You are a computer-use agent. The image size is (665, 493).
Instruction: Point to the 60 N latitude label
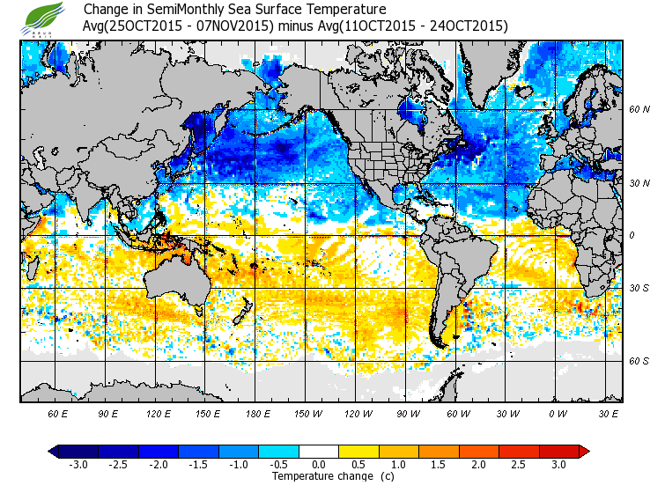coord(639,109)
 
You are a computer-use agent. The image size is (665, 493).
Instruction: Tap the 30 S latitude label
coord(639,288)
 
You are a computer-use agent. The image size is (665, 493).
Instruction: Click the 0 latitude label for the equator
coord(632,235)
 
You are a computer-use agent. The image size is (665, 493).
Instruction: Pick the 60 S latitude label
coord(639,361)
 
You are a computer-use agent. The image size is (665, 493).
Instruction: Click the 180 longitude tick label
coord(257,413)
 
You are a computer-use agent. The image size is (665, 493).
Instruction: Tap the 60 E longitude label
coord(57,413)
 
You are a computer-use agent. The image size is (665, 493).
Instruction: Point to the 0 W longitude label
coord(558,413)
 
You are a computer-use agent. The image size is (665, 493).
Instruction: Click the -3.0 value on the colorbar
coord(78,464)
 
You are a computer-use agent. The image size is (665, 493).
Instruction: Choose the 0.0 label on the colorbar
coord(319,464)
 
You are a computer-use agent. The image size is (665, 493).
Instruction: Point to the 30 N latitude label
coord(639,182)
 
